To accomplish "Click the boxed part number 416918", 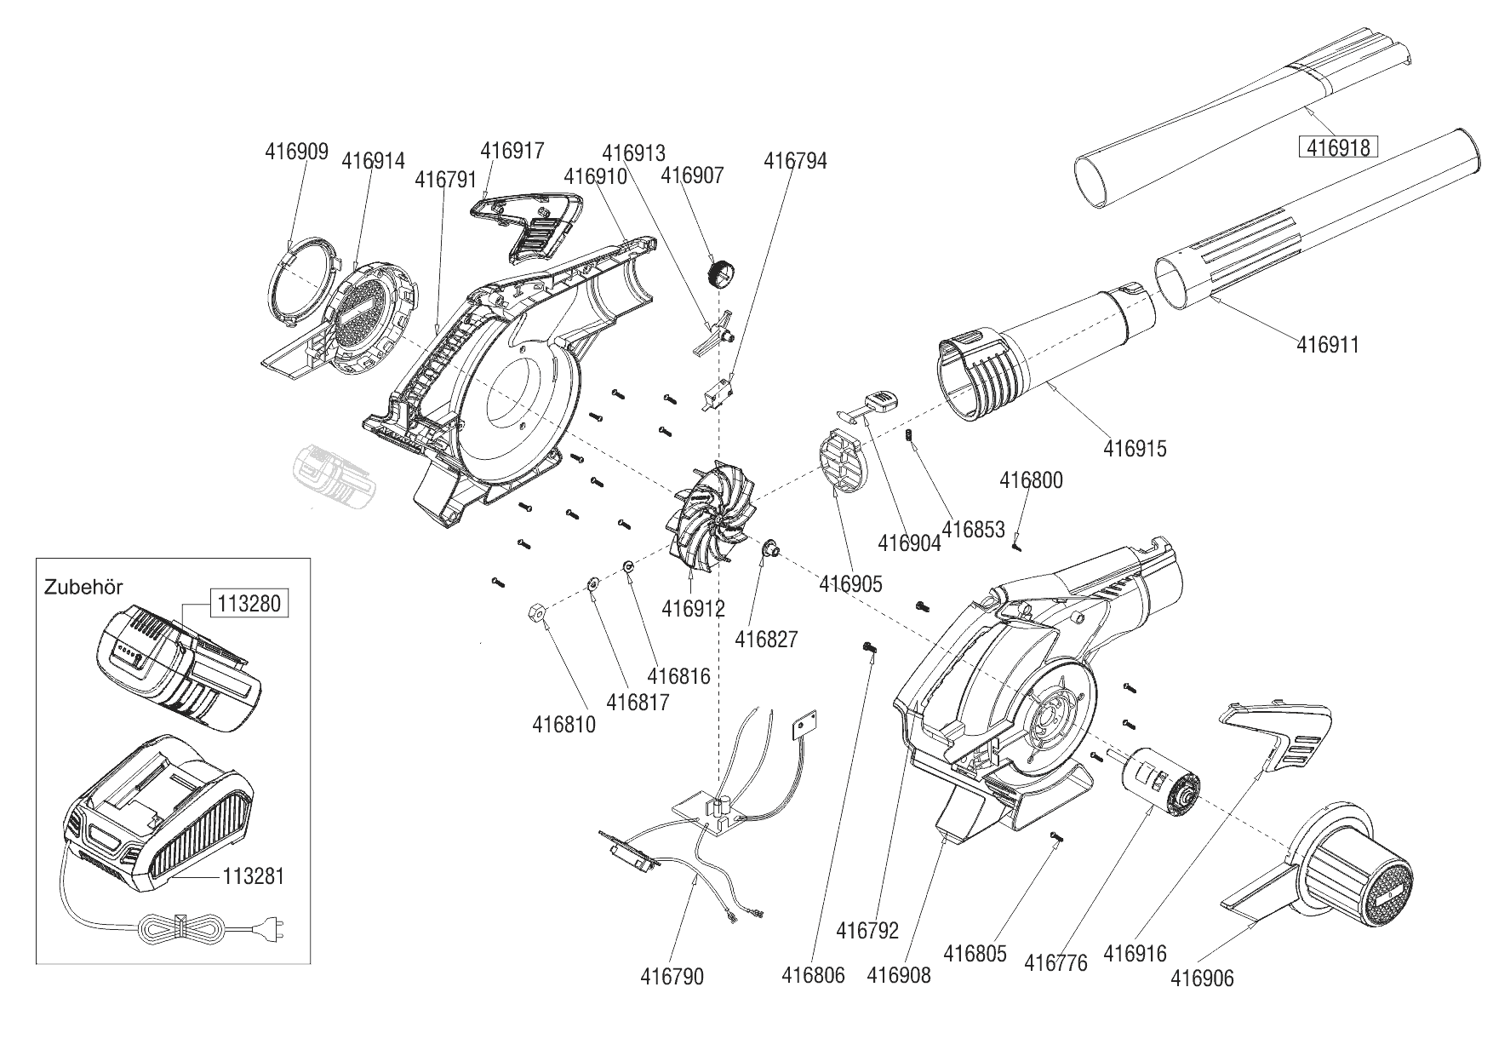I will [1338, 147].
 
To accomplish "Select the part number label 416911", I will [1328, 345].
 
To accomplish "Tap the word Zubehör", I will [83, 587].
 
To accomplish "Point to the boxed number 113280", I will [249, 604].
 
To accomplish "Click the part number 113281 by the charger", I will [253, 875].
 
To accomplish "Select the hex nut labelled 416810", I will [537, 611].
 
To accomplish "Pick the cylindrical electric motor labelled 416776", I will [1159, 782].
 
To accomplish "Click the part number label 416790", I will [672, 977].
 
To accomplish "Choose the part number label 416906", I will [1202, 979].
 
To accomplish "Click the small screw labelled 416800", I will [1016, 546].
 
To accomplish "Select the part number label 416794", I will [795, 160].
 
